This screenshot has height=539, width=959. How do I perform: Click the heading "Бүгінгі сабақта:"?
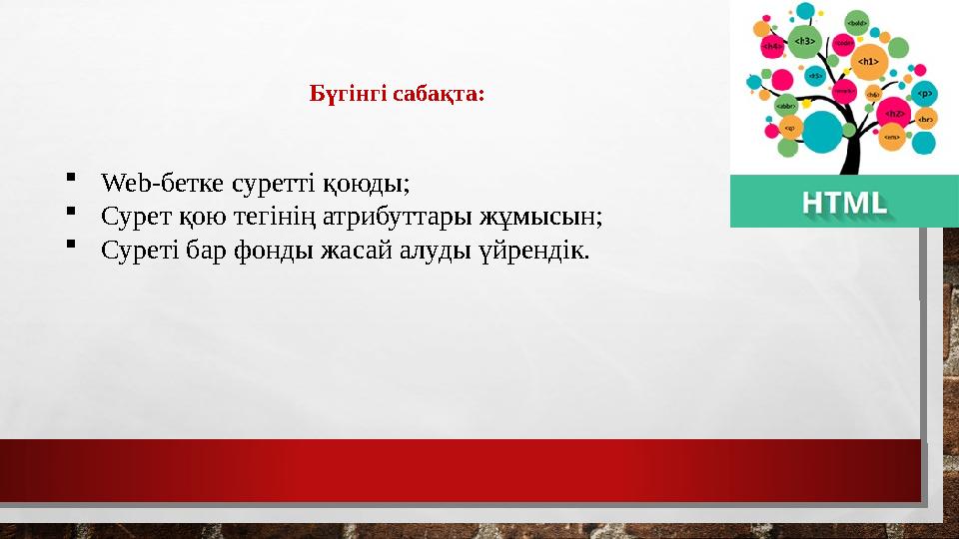(x=398, y=95)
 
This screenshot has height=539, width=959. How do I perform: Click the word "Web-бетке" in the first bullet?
(x=162, y=185)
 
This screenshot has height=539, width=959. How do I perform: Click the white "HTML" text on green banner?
(x=844, y=203)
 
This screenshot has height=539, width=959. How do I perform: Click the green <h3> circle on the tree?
(x=804, y=40)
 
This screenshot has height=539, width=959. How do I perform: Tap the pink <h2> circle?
(x=896, y=113)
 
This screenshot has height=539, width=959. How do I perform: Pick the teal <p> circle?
(x=925, y=93)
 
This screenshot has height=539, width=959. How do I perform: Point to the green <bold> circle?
(x=856, y=22)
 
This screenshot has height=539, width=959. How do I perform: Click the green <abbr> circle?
(x=786, y=105)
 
